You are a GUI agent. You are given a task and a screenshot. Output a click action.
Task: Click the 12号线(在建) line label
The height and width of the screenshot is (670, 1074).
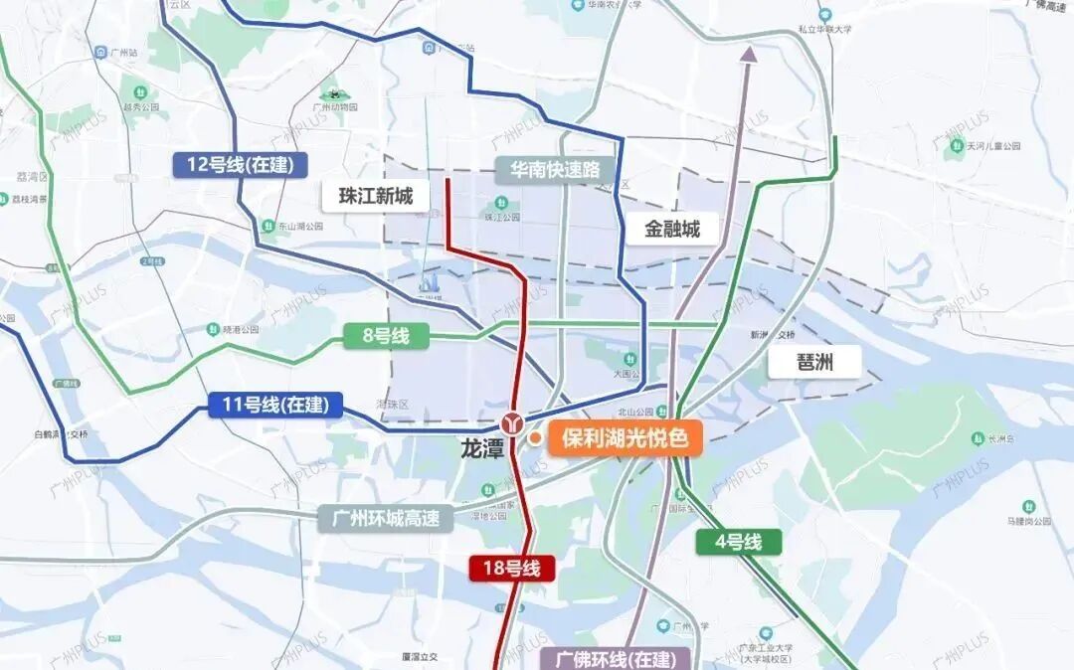click(240, 164)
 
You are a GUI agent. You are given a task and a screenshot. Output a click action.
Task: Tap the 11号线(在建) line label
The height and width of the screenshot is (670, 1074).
click(275, 405)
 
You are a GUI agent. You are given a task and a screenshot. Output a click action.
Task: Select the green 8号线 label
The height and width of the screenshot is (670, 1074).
click(386, 336)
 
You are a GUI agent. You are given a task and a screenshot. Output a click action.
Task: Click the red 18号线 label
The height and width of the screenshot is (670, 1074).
click(512, 569)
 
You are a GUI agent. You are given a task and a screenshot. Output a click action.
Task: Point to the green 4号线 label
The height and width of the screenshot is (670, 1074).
click(737, 542)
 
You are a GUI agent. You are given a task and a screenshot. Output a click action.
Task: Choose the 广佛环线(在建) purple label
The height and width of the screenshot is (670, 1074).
click(622, 659)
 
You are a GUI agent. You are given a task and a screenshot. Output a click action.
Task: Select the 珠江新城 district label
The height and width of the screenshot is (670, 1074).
click(375, 196)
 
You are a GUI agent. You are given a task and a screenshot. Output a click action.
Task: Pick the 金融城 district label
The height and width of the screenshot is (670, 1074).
click(672, 230)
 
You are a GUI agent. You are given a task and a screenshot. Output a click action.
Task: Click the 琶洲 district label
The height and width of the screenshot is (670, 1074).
click(813, 362)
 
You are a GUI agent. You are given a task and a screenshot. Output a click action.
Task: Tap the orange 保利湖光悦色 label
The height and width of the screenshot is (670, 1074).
click(625, 438)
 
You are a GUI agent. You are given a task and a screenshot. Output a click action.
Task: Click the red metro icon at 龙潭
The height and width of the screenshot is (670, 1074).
click(513, 422)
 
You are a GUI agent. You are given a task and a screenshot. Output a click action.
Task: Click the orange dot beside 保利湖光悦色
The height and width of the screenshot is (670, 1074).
click(534, 438)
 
